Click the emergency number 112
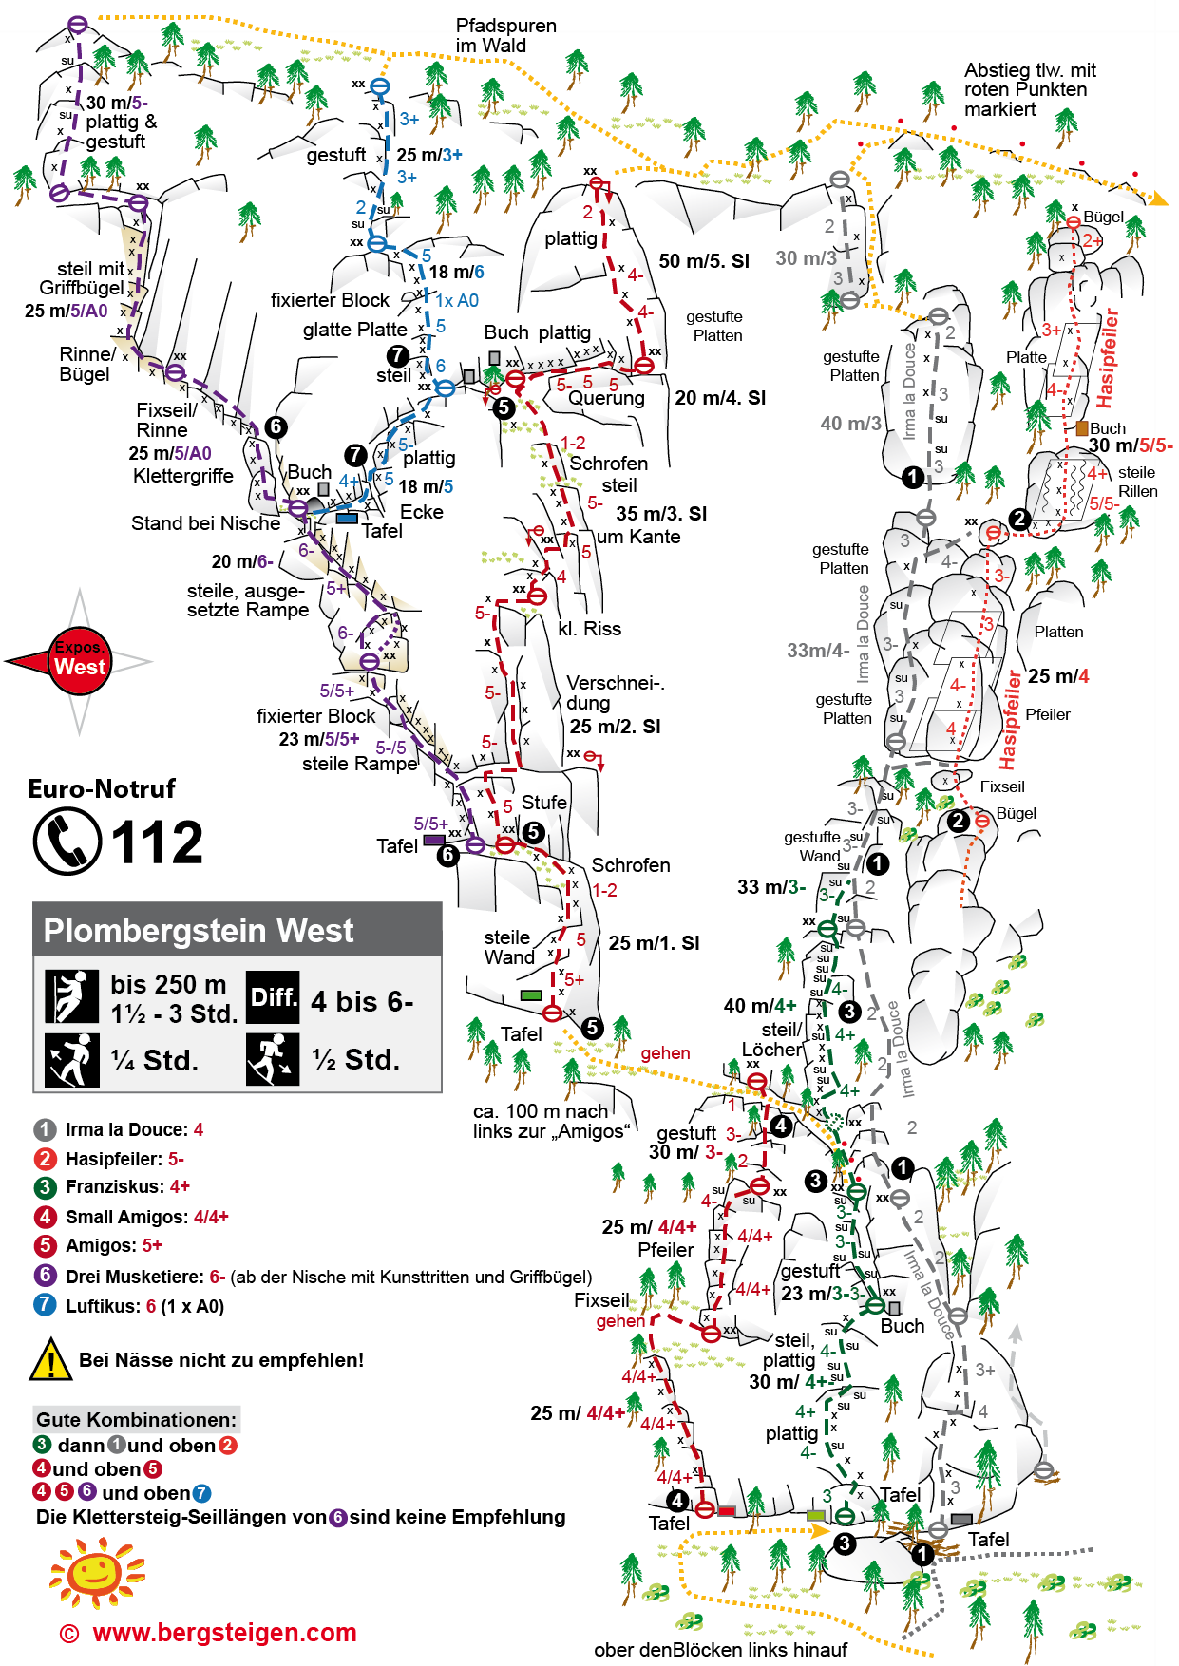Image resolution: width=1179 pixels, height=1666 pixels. (157, 842)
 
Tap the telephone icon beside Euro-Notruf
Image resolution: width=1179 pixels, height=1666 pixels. (67, 842)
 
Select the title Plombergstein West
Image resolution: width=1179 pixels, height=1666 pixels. (199, 931)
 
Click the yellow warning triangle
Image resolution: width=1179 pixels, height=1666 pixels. (50, 1359)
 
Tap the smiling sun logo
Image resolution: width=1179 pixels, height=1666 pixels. (96, 1572)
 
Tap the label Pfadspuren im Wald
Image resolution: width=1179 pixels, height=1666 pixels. (505, 35)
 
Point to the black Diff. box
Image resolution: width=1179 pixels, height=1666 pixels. (273, 997)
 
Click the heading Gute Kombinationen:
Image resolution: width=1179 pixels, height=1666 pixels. (136, 1420)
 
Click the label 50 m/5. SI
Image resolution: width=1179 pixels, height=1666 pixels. (704, 261)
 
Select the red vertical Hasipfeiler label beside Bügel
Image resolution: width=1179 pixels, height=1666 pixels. (1108, 358)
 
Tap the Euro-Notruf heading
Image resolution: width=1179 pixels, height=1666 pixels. (103, 788)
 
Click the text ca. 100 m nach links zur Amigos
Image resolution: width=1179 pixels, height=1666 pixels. (551, 1121)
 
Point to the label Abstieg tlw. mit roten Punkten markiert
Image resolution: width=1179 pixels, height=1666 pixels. (1030, 89)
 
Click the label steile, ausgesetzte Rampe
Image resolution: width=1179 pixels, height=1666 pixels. (248, 600)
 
